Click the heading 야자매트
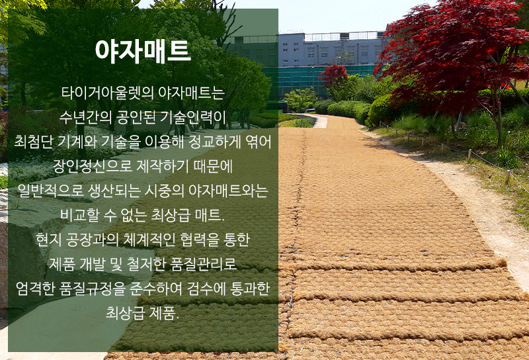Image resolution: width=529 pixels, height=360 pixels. pyautogui.click(x=143, y=52)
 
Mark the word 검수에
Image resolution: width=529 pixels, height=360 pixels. pyautogui.click(x=206, y=289)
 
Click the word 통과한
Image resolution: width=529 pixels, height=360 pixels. pyautogui.click(x=250, y=289)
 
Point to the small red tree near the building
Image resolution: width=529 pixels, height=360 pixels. pyautogui.click(x=333, y=76)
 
